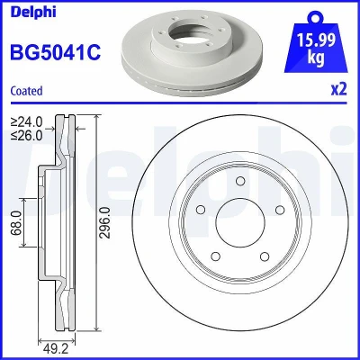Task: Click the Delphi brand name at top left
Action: point(33,12)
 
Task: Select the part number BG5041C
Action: point(56,52)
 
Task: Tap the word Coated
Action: point(26,91)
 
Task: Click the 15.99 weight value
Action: point(316,40)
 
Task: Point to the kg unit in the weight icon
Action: point(316,57)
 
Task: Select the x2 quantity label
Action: point(339,89)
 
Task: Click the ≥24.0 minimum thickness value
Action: point(26,121)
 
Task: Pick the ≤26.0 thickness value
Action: point(26,136)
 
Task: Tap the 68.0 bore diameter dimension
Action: point(17,222)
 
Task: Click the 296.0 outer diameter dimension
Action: point(105,222)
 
